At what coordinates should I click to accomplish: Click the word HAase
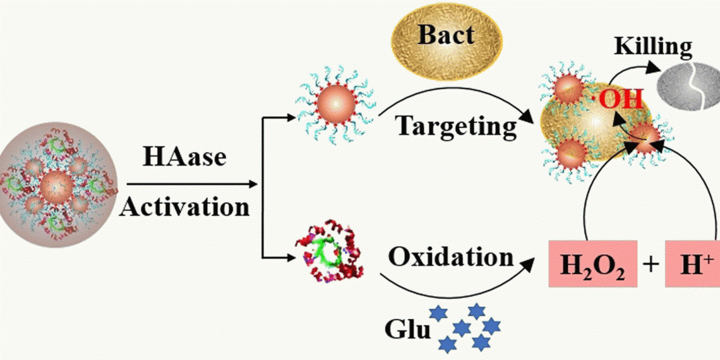pos(184,156)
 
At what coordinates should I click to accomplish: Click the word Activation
pos(184,207)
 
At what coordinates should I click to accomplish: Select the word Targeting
pos(456,126)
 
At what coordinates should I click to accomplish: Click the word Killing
pos(654,47)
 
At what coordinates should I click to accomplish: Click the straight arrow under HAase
pos(189,184)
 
